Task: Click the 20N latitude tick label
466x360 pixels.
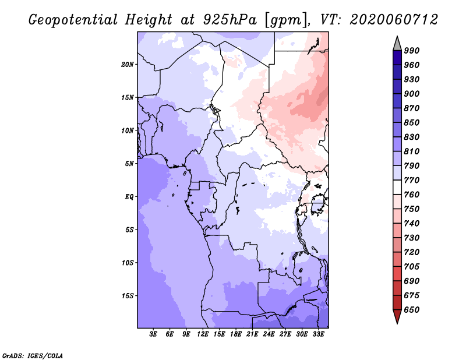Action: point(128,64)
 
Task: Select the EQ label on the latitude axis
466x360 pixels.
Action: point(129,196)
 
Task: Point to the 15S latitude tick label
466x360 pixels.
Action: point(128,295)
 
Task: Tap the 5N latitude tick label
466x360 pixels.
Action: point(129,163)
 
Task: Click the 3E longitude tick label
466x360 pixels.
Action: point(154,334)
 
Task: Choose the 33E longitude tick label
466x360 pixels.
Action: point(318,334)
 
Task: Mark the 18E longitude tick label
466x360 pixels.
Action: point(236,334)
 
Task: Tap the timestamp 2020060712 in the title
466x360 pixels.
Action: point(394,20)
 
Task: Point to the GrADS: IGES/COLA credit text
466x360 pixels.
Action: point(33,355)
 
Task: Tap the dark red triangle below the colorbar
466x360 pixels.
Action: point(397,316)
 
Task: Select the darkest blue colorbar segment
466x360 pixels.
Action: point(397,58)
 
